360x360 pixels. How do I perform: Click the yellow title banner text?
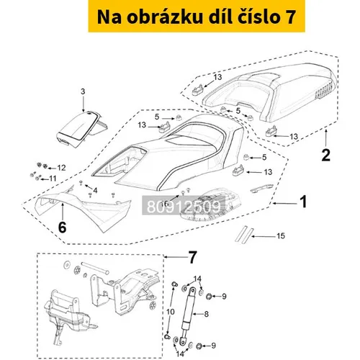197,17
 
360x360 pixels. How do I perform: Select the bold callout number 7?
192,258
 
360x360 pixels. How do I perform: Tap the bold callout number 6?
62,227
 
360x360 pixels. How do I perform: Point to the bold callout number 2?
325,155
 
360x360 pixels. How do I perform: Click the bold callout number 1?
304,202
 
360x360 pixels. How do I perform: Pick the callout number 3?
83,91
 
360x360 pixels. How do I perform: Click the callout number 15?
281,236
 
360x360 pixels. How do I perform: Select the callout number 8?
206,314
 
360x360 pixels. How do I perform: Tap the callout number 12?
61,168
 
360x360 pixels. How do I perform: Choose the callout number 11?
53,179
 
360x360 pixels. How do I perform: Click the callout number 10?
171,312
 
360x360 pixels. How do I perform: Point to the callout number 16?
165,204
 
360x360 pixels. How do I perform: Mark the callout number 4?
95,191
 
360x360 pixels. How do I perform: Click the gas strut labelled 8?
188,314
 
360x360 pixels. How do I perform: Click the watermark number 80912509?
184,207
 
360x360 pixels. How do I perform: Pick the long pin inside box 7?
95,268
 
